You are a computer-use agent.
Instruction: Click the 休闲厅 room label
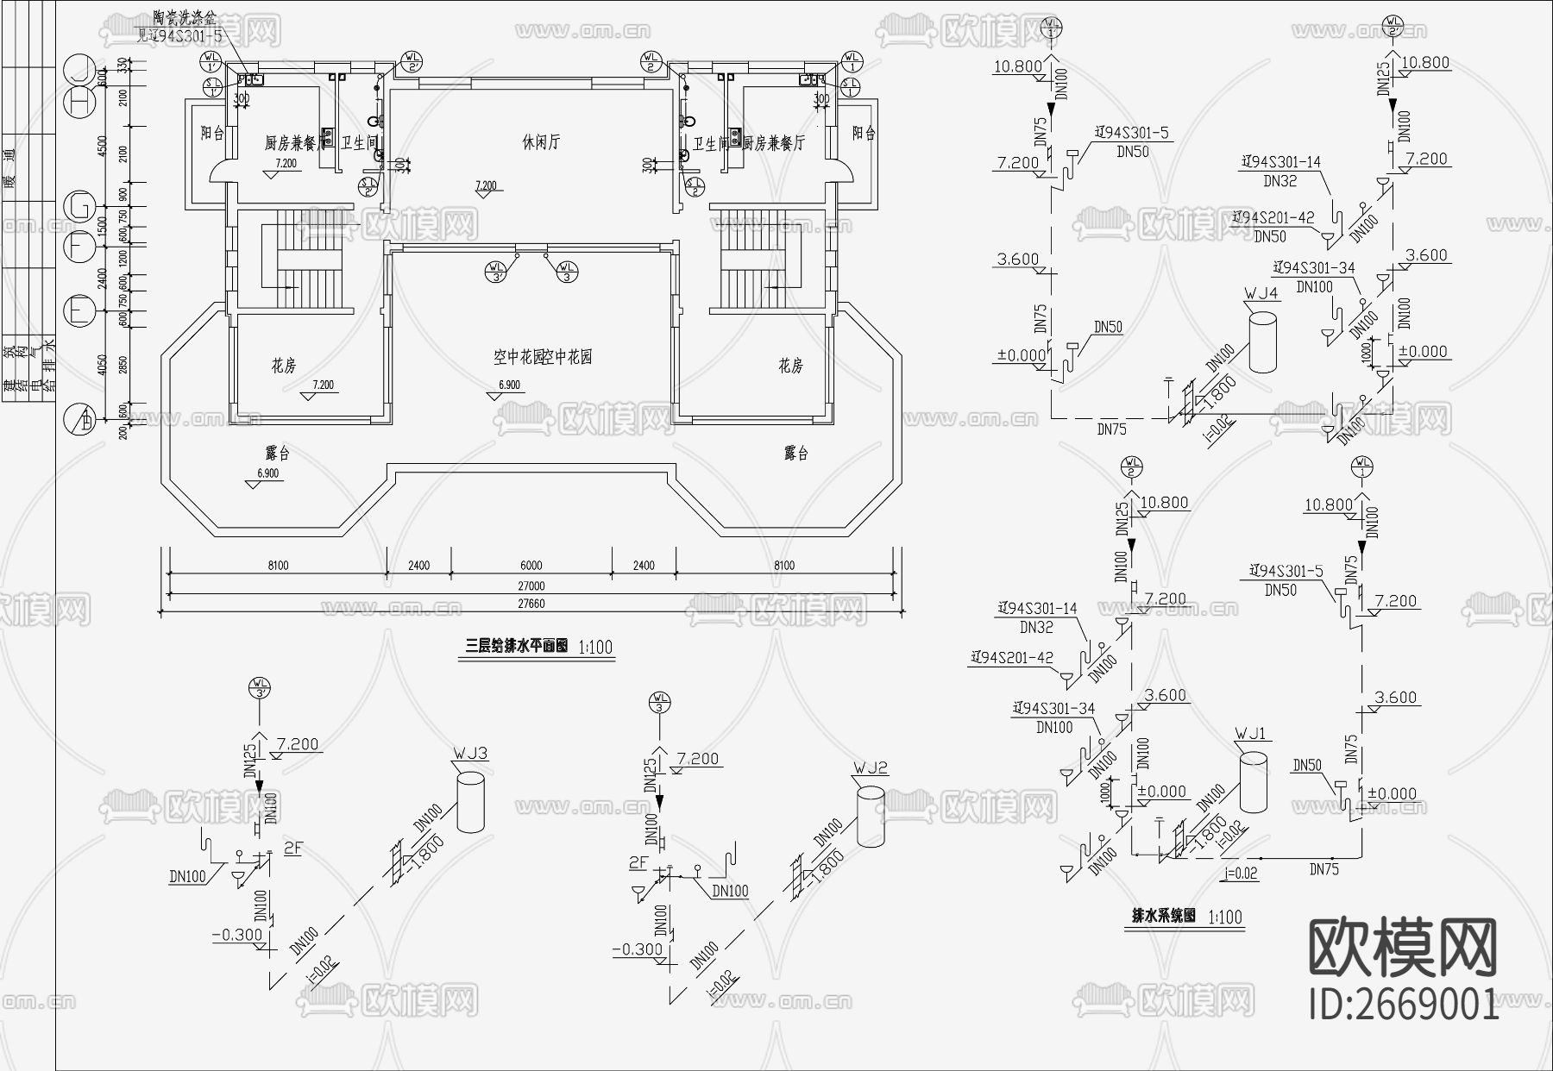pyautogui.click(x=541, y=142)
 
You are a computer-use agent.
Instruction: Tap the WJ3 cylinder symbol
pyautogui.click(x=471, y=802)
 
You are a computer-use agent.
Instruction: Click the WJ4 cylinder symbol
pyautogui.click(x=1262, y=342)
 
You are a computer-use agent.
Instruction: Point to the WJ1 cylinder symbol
pyautogui.click(x=1254, y=781)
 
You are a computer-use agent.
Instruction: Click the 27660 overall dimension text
pyautogui.click(x=531, y=604)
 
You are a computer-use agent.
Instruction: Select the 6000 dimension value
pyautogui.click(x=531, y=566)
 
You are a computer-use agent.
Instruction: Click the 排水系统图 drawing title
pyautogui.click(x=1164, y=916)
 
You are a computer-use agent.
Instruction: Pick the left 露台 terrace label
pyautogui.click(x=277, y=453)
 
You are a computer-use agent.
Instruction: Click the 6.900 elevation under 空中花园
pyautogui.click(x=509, y=385)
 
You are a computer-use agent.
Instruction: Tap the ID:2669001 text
pyautogui.click(x=1404, y=1005)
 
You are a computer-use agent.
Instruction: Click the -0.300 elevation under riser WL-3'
pyautogui.click(x=236, y=935)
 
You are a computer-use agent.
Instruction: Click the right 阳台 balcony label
pyautogui.click(x=863, y=134)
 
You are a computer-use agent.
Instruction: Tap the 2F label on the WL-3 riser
pyautogui.click(x=638, y=862)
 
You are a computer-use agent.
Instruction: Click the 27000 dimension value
pyautogui.click(x=531, y=586)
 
